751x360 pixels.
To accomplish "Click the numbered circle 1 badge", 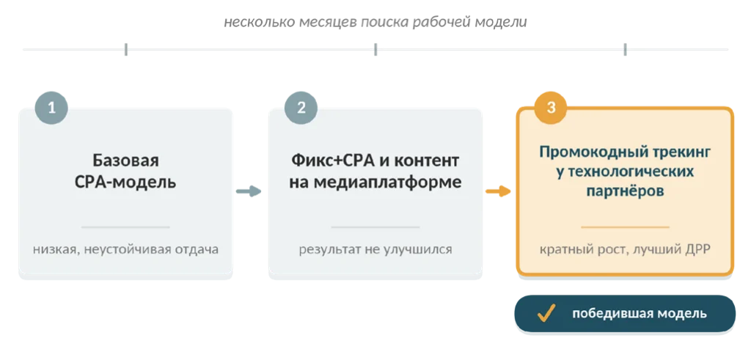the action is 52,108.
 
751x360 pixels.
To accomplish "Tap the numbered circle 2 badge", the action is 301,108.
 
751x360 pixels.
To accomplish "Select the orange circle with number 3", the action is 551,108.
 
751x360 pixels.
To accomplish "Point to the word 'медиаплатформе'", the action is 375,183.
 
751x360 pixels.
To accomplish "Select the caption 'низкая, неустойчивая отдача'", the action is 125,249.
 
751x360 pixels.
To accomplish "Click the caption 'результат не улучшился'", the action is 375,249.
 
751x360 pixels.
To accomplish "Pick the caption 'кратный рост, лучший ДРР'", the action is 625,249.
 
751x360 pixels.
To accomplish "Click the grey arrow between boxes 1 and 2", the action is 249,191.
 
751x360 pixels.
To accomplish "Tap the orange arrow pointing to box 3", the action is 498,191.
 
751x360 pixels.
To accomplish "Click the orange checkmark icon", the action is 546,314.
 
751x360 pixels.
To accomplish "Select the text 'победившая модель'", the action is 640,314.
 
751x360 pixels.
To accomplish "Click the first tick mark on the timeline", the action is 126,49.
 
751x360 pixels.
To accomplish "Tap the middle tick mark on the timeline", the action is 375,49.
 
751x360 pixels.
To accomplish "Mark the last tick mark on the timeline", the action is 625,49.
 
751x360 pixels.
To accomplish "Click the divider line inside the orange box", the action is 625,227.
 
